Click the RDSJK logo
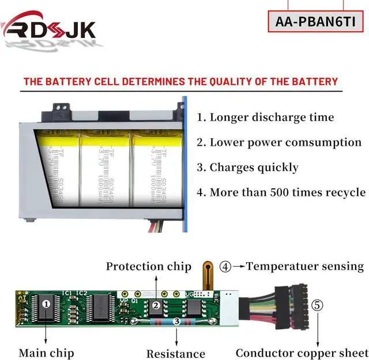(x=48, y=27)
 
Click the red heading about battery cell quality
(x=180, y=81)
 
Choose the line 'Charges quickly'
(x=248, y=167)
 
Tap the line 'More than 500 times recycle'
(x=281, y=192)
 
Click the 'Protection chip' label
(x=148, y=266)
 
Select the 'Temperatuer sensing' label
(x=305, y=266)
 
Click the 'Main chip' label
(x=46, y=352)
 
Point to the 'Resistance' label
(x=175, y=353)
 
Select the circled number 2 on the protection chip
(x=156, y=305)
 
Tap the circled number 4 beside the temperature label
(x=225, y=267)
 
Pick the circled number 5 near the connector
(x=318, y=305)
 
